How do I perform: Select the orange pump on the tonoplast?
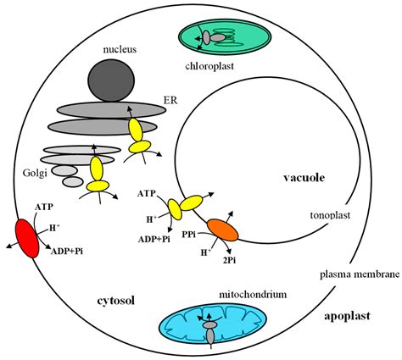pyautogui.click(x=225, y=229)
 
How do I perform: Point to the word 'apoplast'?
pyautogui.click(x=348, y=316)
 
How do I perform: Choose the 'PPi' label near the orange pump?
pyautogui.click(x=193, y=227)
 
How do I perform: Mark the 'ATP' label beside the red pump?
pyautogui.click(x=43, y=206)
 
